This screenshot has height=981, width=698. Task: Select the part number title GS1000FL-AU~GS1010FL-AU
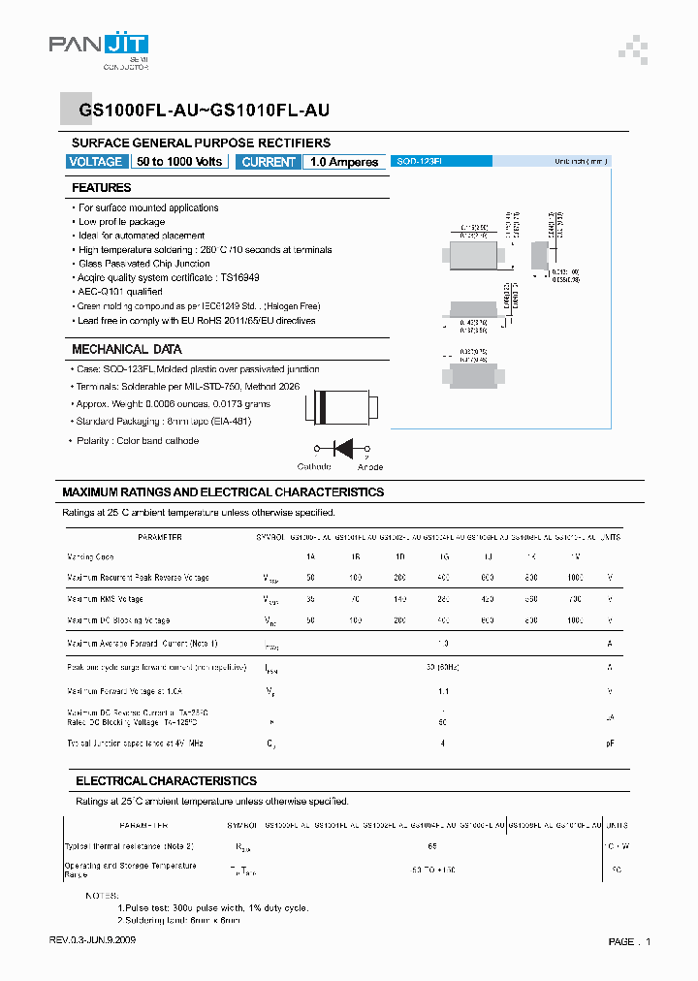tap(205, 111)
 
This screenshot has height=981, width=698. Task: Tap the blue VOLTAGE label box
tap(96, 162)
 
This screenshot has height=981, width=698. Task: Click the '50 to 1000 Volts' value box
tap(179, 162)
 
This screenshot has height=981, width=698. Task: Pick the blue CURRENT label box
tap(269, 162)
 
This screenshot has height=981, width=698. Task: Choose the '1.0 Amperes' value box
tap(344, 162)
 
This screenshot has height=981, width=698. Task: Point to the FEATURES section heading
tap(102, 188)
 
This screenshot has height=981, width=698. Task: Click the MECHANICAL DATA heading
tap(126, 349)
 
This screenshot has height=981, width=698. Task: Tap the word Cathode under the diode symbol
tap(314, 466)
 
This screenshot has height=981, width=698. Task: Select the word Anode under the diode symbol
tap(370, 466)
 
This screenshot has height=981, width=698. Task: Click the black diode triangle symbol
tap(342, 448)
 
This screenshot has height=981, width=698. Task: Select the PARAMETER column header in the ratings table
tap(160, 536)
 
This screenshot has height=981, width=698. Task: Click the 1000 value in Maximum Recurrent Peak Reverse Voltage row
tap(574, 578)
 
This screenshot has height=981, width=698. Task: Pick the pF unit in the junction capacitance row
tap(610, 743)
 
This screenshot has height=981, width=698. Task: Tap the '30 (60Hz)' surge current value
tap(442, 667)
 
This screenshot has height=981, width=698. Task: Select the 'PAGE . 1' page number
tap(629, 941)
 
